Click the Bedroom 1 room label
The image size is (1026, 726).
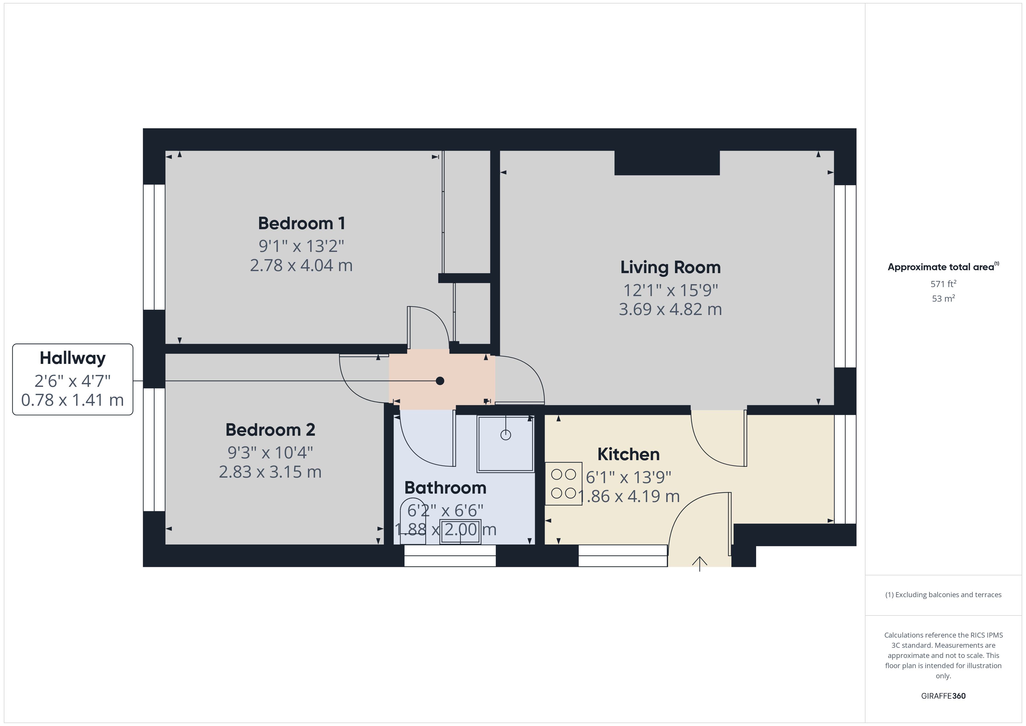302,223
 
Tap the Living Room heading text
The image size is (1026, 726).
670,267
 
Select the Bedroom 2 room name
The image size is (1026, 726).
270,430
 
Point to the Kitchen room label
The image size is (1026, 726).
628,454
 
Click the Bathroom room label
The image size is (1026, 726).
445,488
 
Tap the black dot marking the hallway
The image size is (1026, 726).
440,381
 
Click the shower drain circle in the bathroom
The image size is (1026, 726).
505,435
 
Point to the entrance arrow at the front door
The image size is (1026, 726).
699,564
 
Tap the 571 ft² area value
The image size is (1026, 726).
943,284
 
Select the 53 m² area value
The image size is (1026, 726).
943,298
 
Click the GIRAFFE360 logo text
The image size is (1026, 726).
943,696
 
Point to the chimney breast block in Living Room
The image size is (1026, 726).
667,163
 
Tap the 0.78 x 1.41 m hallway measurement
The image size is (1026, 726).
72,400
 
